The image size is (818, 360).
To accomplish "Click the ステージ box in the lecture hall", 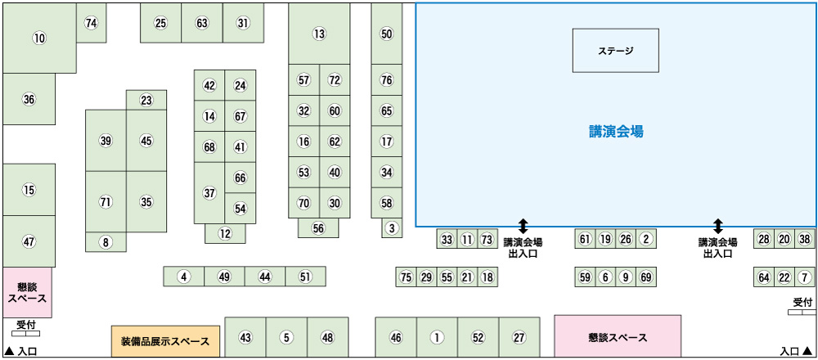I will point(615,51).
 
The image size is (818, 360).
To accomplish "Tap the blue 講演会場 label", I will point(616,131).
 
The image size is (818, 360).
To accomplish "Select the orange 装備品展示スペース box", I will point(165,340).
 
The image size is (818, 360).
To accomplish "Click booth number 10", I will point(39,38).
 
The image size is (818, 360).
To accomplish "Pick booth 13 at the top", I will point(319,34).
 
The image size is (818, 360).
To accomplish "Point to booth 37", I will point(209,193).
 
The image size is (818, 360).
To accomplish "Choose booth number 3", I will point(392,228).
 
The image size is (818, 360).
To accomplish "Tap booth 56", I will point(318,228).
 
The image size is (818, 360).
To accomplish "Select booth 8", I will point(106,242).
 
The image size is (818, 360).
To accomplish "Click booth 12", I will point(225,233).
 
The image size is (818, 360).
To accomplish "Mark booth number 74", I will point(91,23).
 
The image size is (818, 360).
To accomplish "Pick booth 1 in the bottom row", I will point(437,337).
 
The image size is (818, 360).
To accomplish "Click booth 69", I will point(645,277).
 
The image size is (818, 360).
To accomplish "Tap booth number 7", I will point(804,277).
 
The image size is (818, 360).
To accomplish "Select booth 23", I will point(146,101).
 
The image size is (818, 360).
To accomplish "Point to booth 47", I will point(29,241).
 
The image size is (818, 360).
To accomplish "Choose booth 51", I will point(305,277).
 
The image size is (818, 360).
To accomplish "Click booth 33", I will point(447,239).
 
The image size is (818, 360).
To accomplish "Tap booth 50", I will point(387,34).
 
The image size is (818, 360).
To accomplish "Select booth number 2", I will point(645,239).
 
